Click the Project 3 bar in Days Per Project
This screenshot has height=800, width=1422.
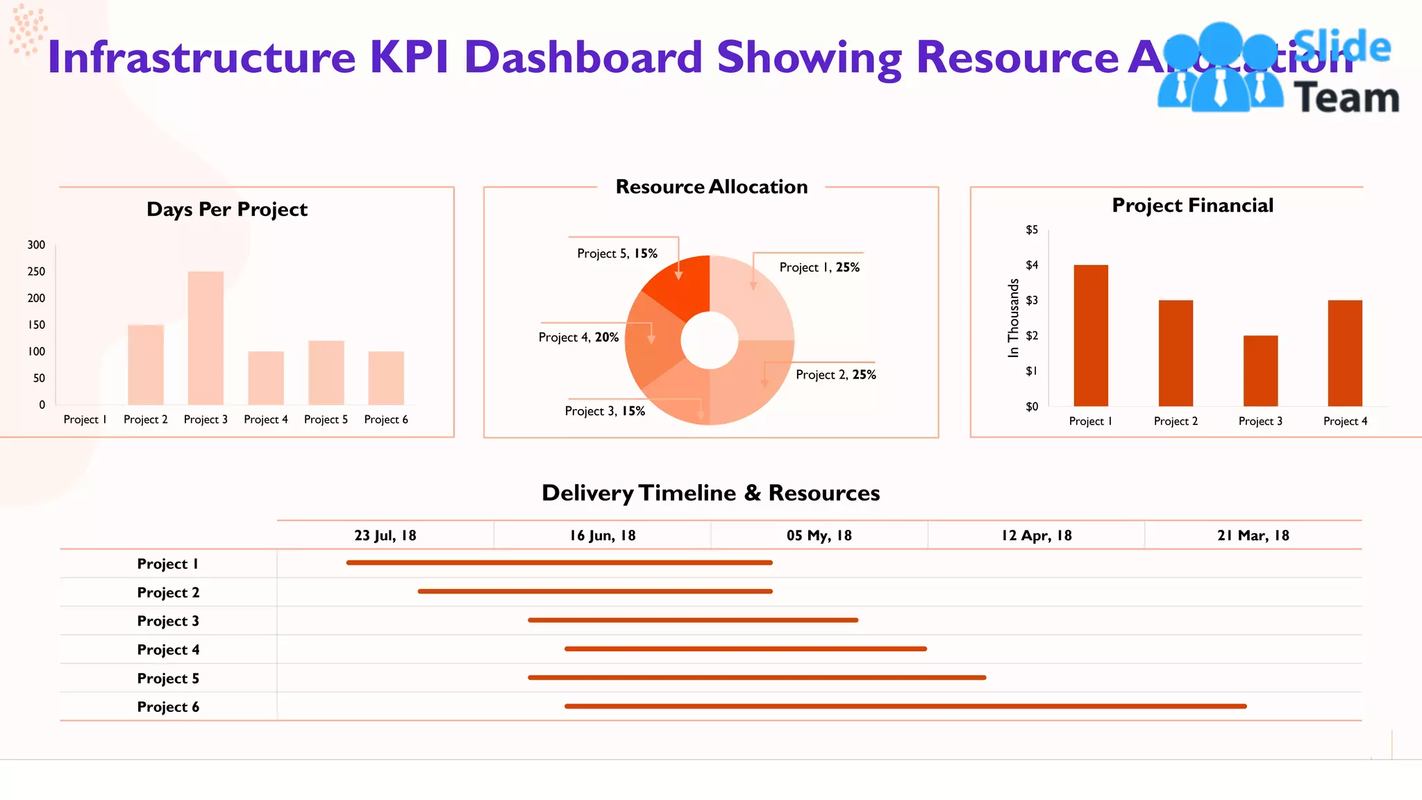coord(206,338)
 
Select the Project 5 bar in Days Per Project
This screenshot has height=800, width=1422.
coord(326,373)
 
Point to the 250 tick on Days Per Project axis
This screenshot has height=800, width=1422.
coord(36,272)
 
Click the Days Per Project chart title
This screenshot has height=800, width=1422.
coord(227,209)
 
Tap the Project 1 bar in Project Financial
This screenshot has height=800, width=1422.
coord(1090,335)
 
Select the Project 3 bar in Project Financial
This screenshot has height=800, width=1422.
coord(1260,371)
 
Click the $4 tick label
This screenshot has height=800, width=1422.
coord(1032,265)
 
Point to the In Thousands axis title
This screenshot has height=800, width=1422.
coord(1014,318)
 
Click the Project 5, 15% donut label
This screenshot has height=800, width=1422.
coord(617,253)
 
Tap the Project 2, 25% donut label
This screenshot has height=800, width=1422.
coord(835,375)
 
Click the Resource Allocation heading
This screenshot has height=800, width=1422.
coord(711,187)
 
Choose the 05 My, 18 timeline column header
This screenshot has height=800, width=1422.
coord(819,535)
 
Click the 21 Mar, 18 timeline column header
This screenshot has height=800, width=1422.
coord(1253,535)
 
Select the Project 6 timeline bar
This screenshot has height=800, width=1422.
coord(905,706)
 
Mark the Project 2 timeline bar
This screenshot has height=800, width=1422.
coord(595,592)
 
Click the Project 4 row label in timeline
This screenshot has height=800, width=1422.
coord(168,650)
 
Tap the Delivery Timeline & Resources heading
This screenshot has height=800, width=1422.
coord(710,493)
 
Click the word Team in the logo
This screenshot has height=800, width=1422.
coord(1346,98)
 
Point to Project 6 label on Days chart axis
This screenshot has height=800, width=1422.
coord(386,419)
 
